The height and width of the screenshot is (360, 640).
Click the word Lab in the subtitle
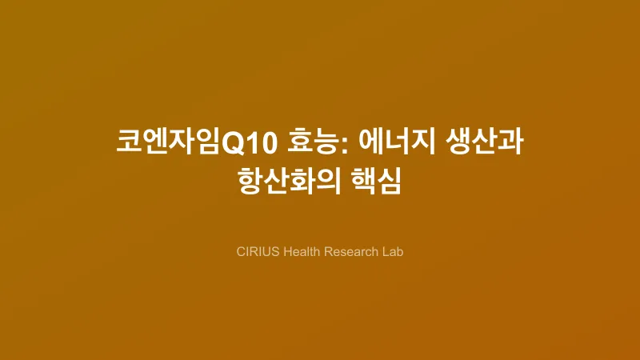[x=393, y=251]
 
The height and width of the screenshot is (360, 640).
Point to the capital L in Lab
[x=385, y=251]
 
